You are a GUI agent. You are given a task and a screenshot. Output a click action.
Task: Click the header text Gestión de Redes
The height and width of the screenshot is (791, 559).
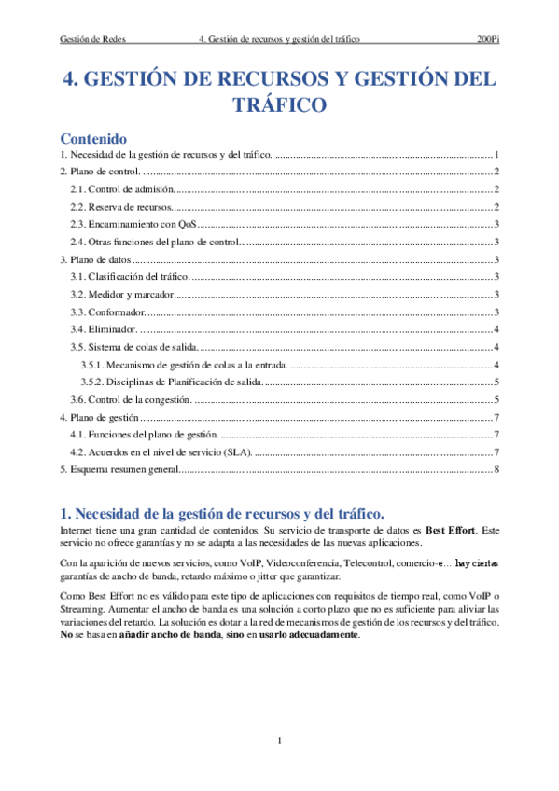92,40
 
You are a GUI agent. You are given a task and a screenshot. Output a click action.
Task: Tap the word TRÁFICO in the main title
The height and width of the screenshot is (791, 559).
279,105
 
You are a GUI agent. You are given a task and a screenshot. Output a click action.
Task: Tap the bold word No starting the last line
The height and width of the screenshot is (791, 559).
65,634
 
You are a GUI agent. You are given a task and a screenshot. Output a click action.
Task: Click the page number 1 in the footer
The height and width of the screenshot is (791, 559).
279,741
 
